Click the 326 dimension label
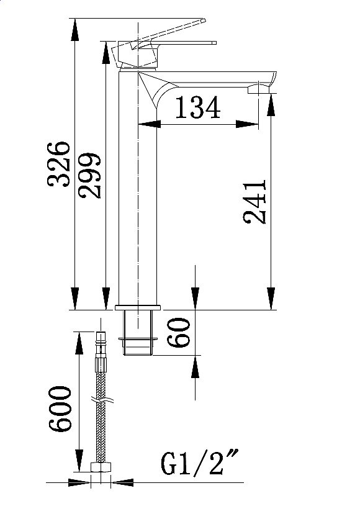coord(59,164)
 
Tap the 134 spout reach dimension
coord(197,107)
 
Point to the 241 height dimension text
coord(254,202)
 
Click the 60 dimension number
coord(179,332)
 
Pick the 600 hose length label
coord(60,408)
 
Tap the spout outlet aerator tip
coord(259,89)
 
